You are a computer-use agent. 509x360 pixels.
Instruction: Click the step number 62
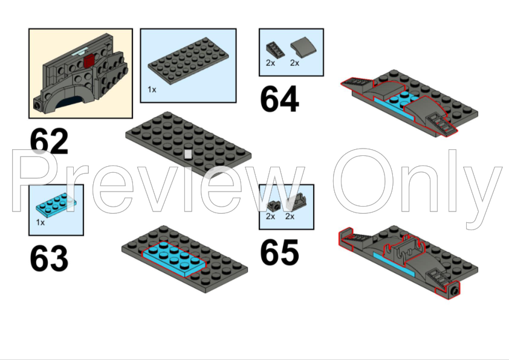(49, 141)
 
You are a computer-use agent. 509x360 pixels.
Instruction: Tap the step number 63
(49, 259)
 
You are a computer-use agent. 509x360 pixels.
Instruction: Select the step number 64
(279, 98)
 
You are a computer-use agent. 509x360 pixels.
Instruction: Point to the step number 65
(279, 252)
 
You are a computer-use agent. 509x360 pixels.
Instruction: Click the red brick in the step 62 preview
(89, 61)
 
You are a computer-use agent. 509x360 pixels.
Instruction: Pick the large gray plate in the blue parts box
(188, 61)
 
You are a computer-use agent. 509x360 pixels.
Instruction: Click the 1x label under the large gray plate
(152, 89)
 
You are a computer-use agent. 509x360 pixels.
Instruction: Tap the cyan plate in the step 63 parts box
(56, 204)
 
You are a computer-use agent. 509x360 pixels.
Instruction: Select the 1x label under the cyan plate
(41, 222)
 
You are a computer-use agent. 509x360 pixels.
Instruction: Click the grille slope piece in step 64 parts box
(275, 50)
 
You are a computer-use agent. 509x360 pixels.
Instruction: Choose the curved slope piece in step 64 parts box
(303, 49)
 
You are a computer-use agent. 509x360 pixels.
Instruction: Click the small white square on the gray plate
(188, 154)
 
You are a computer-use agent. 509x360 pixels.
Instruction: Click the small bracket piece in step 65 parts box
(273, 205)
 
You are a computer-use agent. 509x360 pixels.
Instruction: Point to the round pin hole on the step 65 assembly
(454, 291)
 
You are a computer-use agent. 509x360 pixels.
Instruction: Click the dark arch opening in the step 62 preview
(69, 102)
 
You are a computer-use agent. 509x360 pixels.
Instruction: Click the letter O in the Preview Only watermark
(363, 181)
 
